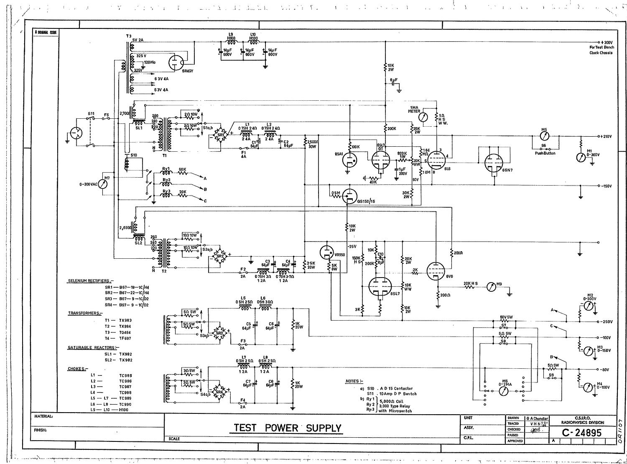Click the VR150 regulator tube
pos(326,252)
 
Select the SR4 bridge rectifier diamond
pos(219,392)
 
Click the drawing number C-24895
pos(581,433)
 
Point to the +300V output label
pos(607,43)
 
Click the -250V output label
pos(607,322)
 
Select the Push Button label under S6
pos(545,153)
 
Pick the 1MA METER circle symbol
pos(425,117)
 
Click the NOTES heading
pos(354,381)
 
